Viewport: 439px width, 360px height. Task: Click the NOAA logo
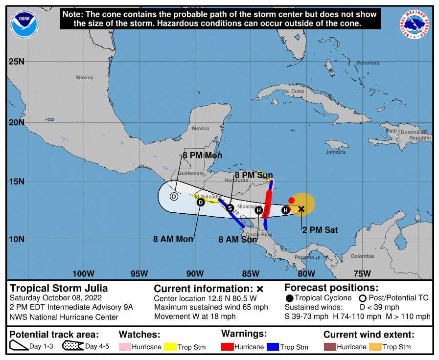click(25, 23)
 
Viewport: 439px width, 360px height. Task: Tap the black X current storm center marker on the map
click(301, 209)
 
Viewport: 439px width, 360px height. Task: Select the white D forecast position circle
click(174, 197)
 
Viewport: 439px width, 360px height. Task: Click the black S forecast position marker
click(230, 208)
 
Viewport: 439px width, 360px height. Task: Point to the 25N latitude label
click(16, 62)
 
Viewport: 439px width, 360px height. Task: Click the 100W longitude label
click(83, 273)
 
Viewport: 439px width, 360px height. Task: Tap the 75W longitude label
click(362, 273)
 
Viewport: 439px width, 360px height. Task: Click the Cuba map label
click(298, 91)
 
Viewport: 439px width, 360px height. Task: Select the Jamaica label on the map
click(335, 152)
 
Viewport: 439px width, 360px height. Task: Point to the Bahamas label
click(368, 63)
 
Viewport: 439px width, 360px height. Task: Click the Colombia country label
click(362, 256)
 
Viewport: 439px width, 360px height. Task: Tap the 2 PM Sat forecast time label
click(320, 229)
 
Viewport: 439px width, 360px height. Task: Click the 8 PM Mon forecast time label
click(202, 156)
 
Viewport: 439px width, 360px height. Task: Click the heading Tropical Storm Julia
click(59, 288)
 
